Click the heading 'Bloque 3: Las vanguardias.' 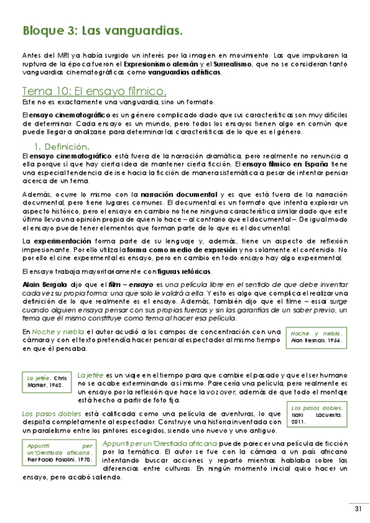(x=102, y=30)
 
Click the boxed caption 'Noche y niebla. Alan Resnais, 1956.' (x=316, y=336)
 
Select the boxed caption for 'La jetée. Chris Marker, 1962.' (x=47, y=381)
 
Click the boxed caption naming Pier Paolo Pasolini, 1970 (x=60, y=451)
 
